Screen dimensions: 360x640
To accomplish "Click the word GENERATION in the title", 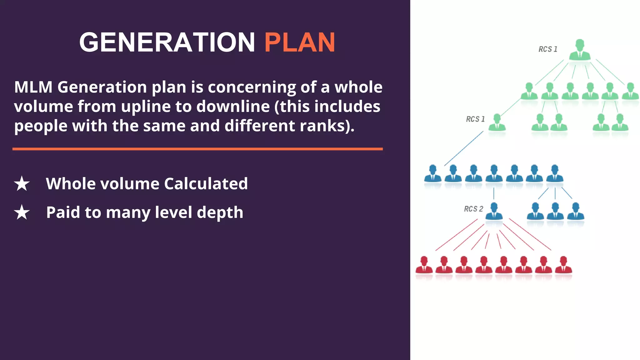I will click(x=167, y=42).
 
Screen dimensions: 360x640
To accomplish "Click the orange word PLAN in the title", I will click(x=300, y=42).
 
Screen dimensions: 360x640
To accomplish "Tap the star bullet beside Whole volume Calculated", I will click(x=22, y=183).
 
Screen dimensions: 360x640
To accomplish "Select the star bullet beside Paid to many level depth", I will click(x=22, y=212).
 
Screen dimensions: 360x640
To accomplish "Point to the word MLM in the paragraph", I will click(x=33, y=87).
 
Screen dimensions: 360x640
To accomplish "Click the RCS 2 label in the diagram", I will click(x=473, y=209).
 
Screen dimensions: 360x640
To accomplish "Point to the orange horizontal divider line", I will click(x=197, y=149).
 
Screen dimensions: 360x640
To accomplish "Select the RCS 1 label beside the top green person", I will click(x=548, y=49).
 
